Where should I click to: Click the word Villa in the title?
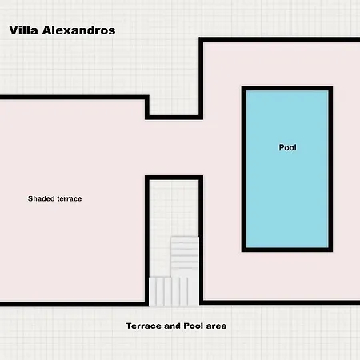coord(23,30)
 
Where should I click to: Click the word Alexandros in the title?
coord(78,30)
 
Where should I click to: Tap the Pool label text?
coord(287,147)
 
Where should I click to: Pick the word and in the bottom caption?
coord(172,326)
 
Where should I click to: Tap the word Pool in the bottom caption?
coord(194,326)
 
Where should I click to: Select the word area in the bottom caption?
coord(216,326)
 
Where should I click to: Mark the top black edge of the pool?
coord(287,88)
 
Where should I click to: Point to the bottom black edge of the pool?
coord(287,250)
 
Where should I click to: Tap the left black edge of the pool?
coord(243,169)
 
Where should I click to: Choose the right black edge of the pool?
coord(330,169)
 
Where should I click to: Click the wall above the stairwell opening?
coord(174,178)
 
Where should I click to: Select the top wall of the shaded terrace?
coord(74,97)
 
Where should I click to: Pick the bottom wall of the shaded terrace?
coord(74,304)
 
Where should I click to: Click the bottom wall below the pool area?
coord(279,302)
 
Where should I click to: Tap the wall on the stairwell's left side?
coord(147,241)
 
